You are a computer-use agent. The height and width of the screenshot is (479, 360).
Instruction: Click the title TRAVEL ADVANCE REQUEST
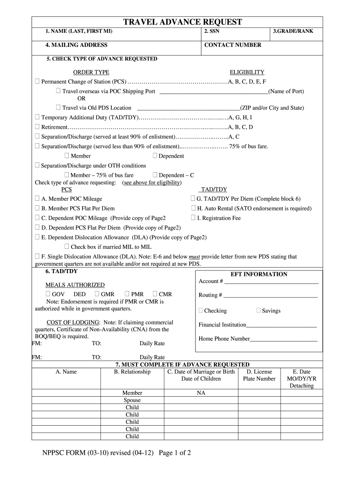click(182, 22)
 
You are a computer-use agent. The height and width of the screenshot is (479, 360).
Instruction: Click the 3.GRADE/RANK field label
click(293, 31)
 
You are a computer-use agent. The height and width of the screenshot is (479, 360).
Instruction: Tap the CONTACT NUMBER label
click(233, 45)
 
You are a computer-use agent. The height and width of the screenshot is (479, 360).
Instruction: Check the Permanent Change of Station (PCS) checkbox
click(37, 81)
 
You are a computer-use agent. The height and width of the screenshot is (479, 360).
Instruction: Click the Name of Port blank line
click(214, 92)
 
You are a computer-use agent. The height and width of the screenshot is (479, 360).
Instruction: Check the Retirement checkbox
click(37, 127)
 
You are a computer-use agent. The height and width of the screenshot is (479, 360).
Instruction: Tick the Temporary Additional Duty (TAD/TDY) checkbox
click(37, 117)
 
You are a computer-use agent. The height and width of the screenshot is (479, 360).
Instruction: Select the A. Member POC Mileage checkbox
click(37, 199)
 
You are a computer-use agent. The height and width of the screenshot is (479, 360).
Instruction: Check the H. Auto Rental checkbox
click(193, 208)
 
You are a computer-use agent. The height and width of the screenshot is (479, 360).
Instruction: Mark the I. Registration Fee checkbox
click(193, 218)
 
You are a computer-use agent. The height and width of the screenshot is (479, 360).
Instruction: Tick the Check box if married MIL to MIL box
click(67, 247)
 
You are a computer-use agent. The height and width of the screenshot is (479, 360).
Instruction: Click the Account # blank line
click(272, 282)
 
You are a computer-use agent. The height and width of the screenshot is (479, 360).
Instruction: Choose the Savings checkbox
click(259, 311)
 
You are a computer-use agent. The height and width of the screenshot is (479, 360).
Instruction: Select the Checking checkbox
click(201, 311)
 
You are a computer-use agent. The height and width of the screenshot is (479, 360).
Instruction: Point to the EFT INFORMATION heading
click(259, 274)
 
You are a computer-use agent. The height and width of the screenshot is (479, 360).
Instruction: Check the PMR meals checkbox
click(127, 294)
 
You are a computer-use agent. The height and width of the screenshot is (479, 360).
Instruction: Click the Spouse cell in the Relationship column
click(132, 400)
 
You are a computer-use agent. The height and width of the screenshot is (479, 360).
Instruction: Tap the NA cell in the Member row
click(201, 393)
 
